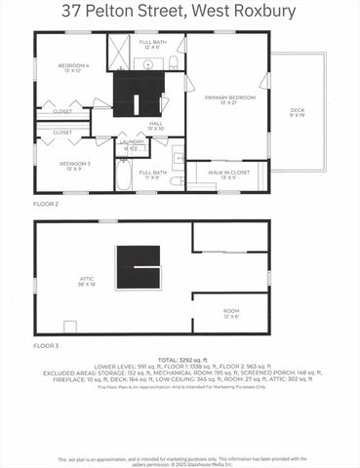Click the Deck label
297,112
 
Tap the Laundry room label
131,145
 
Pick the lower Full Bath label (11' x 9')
152,175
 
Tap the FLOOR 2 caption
46,206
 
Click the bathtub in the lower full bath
124,175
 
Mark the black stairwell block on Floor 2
136,95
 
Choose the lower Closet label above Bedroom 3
62,133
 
